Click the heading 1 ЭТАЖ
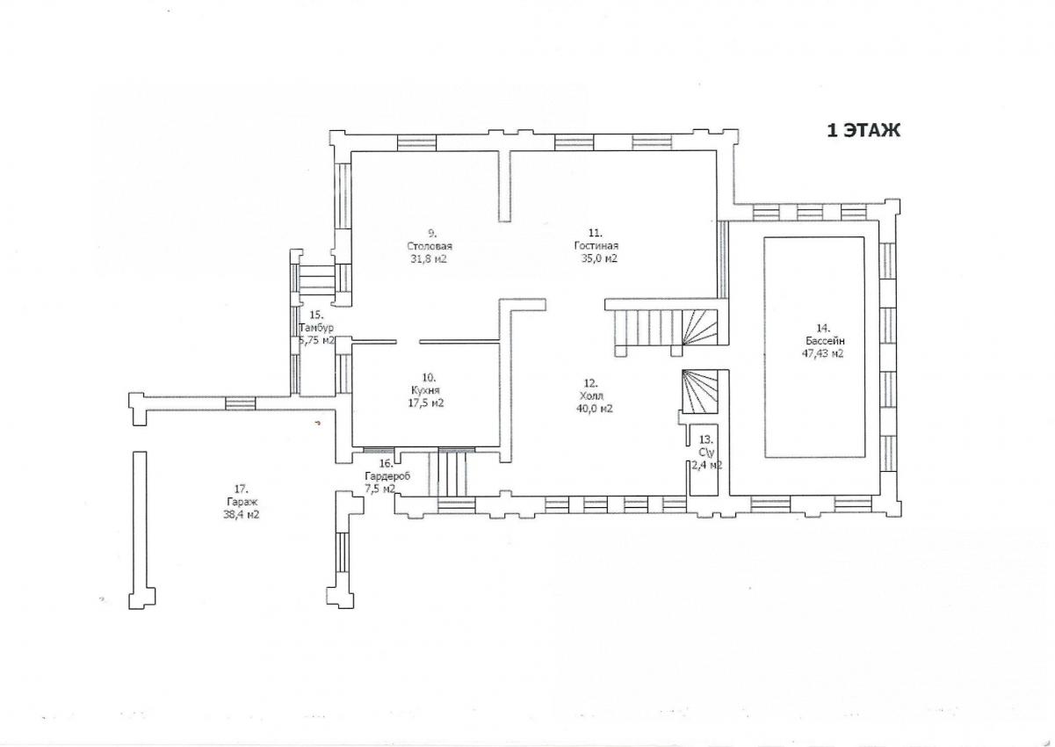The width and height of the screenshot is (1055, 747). (x=864, y=130)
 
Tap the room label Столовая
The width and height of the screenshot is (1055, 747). (x=429, y=246)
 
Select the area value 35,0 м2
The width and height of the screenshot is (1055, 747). (x=599, y=258)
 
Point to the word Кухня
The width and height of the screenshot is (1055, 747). (x=425, y=390)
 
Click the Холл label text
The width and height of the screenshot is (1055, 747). (x=592, y=395)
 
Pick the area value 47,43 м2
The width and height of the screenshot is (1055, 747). (x=822, y=353)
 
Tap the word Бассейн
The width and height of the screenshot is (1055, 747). (x=825, y=341)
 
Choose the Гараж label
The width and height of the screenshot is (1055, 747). (x=242, y=502)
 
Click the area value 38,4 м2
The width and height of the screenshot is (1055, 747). (x=242, y=515)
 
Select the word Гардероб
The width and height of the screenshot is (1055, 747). (x=387, y=476)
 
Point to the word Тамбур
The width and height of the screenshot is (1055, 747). (x=316, y=328)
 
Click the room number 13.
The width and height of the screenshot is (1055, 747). (x=705, y=439)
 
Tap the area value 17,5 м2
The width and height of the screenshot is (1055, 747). (x=426, y=403)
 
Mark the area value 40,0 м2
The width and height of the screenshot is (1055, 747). (x=595, y=409)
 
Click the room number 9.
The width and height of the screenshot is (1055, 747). (x=432, y=233)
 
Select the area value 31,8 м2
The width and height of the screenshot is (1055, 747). (x=429, y=258)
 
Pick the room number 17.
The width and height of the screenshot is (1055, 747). (x=241, y=489)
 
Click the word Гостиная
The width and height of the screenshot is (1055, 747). (x=596, y=245)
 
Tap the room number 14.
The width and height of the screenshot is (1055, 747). (x=823, y=328)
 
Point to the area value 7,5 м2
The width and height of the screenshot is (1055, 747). (x=379, y=490)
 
